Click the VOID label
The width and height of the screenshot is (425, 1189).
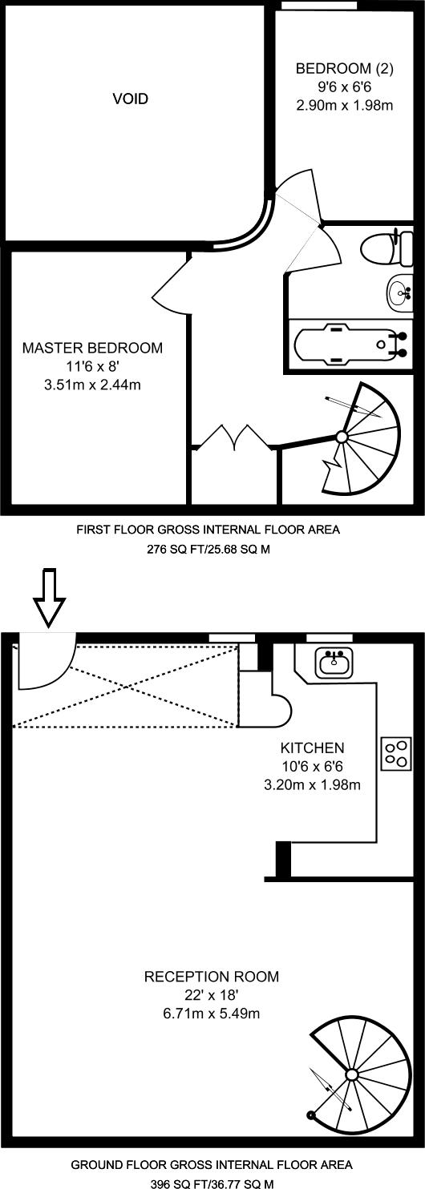pos(130,99)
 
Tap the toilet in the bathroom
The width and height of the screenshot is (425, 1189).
pos(387,247)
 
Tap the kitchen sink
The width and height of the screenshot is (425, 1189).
pos(334,663)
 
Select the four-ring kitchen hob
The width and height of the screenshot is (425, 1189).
pos(397,754)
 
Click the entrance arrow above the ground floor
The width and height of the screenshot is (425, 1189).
pos(50,598)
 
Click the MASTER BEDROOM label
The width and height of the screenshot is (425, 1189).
pos(92,349)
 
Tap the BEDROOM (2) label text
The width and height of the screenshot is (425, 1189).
pos(344,68)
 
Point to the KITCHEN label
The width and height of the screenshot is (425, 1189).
pos(313,748)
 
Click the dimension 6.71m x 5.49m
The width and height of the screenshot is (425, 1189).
pos(212,1014)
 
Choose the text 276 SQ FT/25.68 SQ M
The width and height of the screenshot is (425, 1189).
pos(208,550)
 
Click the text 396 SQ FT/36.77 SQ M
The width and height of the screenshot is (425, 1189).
pos(212,1183)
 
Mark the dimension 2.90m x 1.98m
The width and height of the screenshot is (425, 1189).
pos(344,105)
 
